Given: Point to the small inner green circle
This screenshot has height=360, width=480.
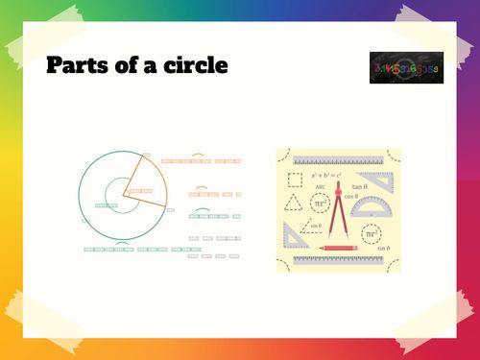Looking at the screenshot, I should point(118,191).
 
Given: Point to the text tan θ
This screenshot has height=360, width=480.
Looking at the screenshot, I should point(360,186).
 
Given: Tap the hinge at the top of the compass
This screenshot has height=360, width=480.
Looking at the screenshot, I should point(337,191).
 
